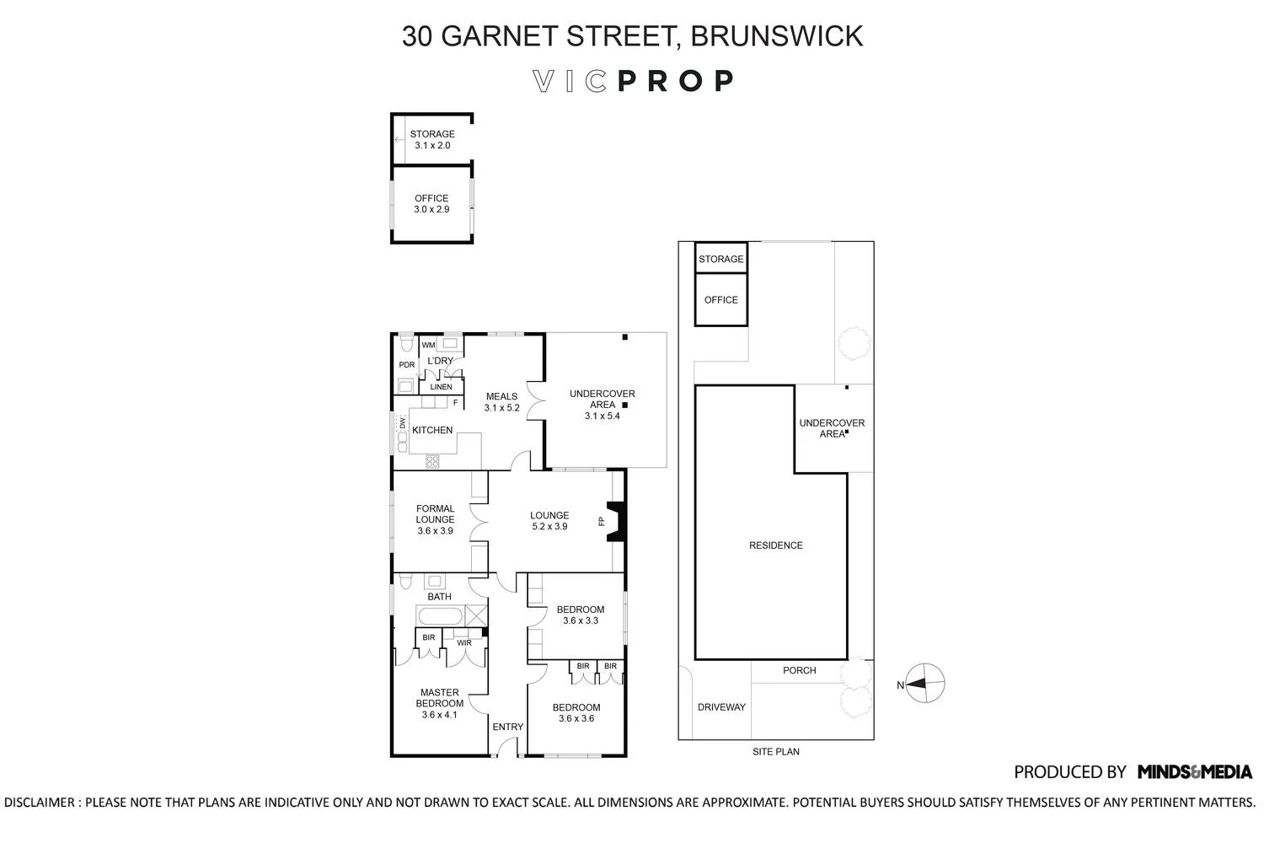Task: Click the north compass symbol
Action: pos(928,684)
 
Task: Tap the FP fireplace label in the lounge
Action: pos(602,522)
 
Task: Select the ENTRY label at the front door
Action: pos(507,727)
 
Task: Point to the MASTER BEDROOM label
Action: pos(439,698)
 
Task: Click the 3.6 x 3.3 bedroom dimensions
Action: pos(581,621)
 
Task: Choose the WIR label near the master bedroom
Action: pos(463,643)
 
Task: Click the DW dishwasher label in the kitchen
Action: pos(402,423)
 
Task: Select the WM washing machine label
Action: pos(428,345)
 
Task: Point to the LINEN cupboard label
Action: pos(442,387)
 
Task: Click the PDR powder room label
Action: pos(407,365)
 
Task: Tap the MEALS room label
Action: pos(501,396)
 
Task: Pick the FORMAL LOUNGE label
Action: pos(435,514)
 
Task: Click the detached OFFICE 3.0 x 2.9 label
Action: pos(431,204)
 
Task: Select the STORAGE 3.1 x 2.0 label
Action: pos(432,140)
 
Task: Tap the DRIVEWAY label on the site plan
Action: pos(721,707)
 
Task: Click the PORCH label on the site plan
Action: pos(799,671)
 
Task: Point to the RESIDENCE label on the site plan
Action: pos(775,545)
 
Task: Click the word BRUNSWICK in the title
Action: pos(776,36)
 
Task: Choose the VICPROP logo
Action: pos(633,81)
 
